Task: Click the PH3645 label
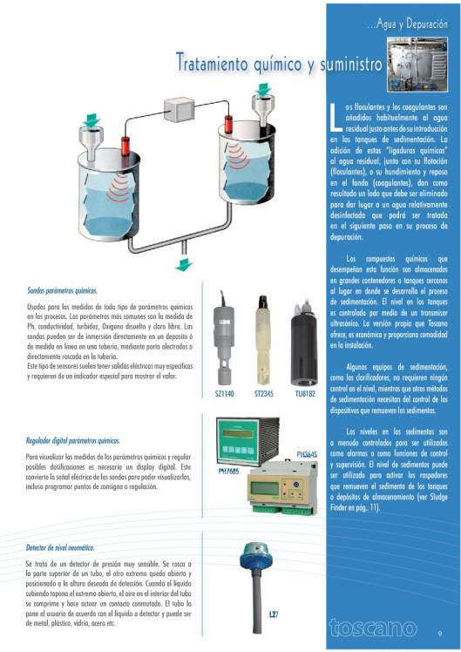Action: coord(307,454)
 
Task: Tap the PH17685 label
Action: coord(228,472)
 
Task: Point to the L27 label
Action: coord(272,615)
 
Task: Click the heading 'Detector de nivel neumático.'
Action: coord(60,547)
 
